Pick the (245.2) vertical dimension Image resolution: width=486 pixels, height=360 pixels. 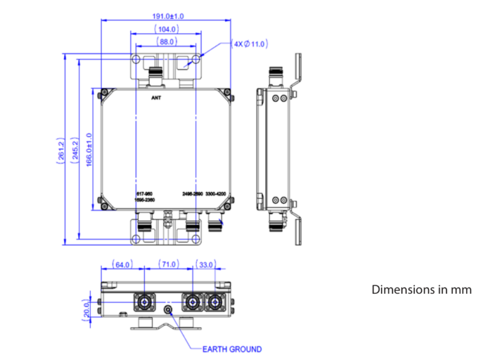tap(75, 149)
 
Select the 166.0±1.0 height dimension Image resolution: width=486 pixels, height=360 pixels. tap(89, 149)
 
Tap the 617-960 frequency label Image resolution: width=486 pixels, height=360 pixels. tap(144, 194)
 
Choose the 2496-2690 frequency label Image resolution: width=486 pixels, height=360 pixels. tap(191, 194)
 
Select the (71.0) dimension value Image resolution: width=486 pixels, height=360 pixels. tap(168, 265)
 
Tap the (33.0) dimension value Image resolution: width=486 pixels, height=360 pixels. tap(207, 265)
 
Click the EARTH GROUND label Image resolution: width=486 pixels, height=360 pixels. tap(233, 349)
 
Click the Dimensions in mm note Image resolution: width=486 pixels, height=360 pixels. tap(421, 289)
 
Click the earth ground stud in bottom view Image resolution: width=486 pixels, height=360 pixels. tap(169, 310)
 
